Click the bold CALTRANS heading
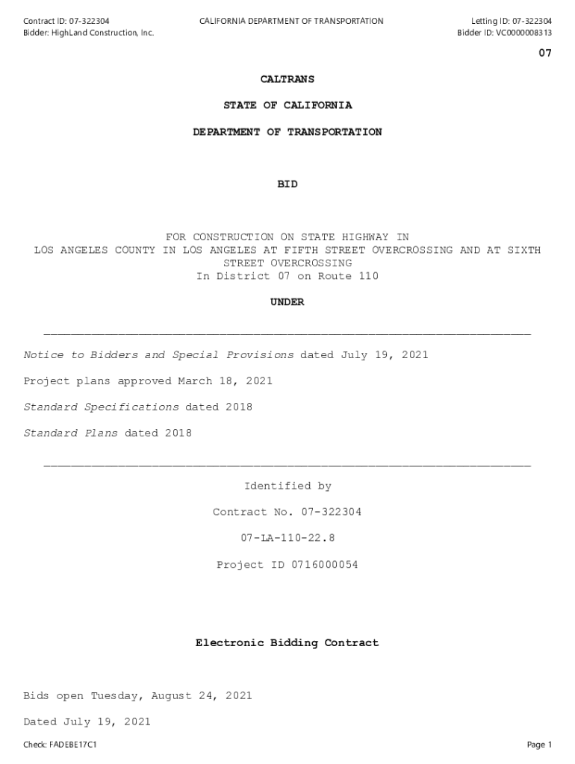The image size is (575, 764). (287, 79)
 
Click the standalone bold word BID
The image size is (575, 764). (287, 184)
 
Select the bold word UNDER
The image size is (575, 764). (287, 302)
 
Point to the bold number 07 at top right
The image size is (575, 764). (545, 53)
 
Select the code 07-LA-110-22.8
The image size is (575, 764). (287, 538)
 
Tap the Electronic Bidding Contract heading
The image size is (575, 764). (287, 642)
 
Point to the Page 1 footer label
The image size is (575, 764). (539, 745)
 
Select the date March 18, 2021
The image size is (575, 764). (225, 381)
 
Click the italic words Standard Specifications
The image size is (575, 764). (102, 407)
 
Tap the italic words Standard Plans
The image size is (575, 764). (71, 433)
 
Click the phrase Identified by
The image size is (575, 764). (287, 486)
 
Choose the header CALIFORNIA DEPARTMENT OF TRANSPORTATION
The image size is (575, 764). (291, 21)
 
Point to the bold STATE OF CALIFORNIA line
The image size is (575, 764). (287, 105)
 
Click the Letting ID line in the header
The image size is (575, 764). (511, 21)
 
